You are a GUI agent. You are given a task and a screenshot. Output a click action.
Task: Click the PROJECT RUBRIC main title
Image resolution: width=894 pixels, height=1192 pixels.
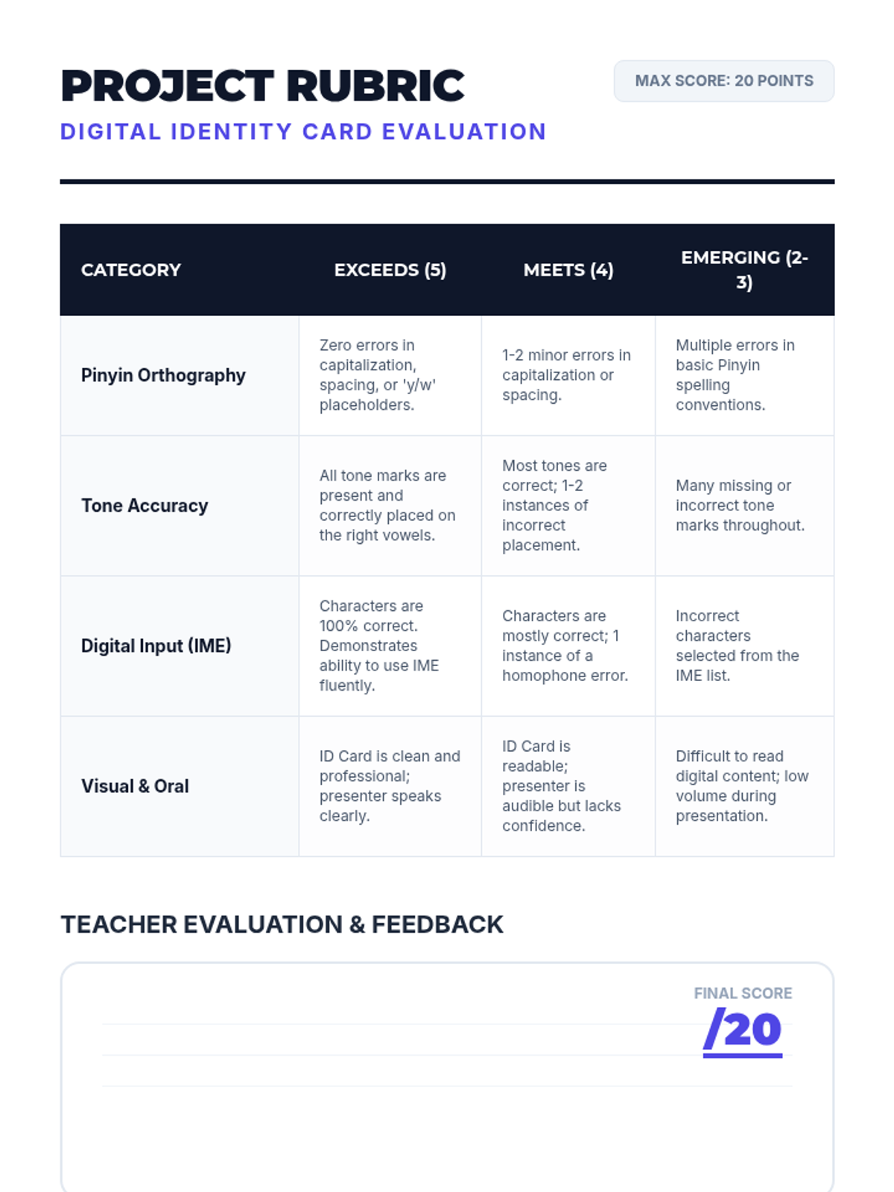click(x=262, y=86)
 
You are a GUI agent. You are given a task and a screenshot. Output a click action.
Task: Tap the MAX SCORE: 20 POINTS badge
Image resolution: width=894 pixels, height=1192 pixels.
click(x=723, y=81)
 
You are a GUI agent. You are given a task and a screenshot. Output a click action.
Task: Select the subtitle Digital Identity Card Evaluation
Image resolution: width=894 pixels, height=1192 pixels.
click(x=303, y=132)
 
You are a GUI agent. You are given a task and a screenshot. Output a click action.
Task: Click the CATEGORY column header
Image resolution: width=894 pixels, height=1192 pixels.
click(x=131, y=270)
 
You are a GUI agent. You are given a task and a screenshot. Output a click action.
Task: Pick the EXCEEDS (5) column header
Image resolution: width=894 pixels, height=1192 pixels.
click(x=390, y=270)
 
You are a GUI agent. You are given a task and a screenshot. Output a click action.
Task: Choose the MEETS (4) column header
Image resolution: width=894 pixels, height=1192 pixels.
click(x=568, y=270)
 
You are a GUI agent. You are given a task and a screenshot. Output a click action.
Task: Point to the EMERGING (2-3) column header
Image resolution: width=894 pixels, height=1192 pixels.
click(x=744, y=270)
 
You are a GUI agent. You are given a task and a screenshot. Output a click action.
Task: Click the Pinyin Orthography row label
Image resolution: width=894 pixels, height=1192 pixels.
click(x=163, y=375)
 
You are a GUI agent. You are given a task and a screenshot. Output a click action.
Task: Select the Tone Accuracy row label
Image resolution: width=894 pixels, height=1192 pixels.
click(x=145, y=506)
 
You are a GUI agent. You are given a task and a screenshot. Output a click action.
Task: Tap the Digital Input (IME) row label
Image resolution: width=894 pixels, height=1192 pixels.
click(x=156, y=646)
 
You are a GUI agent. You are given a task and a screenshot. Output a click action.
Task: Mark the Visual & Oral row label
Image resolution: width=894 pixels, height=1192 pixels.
click(x=135, y=786)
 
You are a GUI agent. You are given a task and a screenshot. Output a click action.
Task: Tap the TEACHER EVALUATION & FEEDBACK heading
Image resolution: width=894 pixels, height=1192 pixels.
click(x=282, y=925)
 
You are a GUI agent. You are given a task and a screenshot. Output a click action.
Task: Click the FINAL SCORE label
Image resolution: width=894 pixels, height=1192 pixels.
click(x=743, y=993)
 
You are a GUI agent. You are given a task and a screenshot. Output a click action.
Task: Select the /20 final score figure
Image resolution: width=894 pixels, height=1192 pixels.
click(x=743, y=1030)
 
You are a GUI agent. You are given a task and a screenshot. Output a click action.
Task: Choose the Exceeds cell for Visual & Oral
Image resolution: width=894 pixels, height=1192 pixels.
click(x=390, y=786)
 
